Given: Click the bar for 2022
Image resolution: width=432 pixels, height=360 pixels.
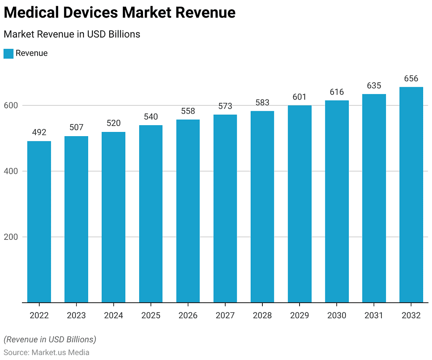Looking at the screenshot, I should coord(39,222).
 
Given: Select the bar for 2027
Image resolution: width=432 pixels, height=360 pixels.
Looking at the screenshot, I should coord(225,209).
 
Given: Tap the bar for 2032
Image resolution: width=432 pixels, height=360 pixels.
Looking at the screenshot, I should coord(411,195).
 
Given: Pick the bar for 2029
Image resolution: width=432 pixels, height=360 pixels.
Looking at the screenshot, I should coord(300,204).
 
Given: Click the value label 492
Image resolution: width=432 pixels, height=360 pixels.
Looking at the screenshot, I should coord(39,132).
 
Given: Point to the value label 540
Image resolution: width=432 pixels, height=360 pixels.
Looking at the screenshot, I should coord(151,117).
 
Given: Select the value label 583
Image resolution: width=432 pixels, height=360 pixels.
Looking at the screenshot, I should coord(262,103).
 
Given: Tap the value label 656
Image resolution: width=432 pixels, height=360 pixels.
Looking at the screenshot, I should coord(411,79).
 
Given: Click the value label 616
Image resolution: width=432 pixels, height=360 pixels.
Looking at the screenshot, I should coord(337,92).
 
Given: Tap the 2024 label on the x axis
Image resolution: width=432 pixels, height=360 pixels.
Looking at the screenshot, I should coord(113,315).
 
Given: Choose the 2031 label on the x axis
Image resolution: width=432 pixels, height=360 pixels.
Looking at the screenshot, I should coord(374,315).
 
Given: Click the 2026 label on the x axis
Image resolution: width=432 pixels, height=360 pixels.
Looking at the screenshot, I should coord(188,315).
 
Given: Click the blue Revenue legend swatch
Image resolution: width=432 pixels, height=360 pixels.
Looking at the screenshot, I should coord(8,54).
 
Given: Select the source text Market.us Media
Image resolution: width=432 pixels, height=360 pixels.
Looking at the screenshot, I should coord(60,352).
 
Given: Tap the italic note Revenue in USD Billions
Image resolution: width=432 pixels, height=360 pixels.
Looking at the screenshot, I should coord(50,339).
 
